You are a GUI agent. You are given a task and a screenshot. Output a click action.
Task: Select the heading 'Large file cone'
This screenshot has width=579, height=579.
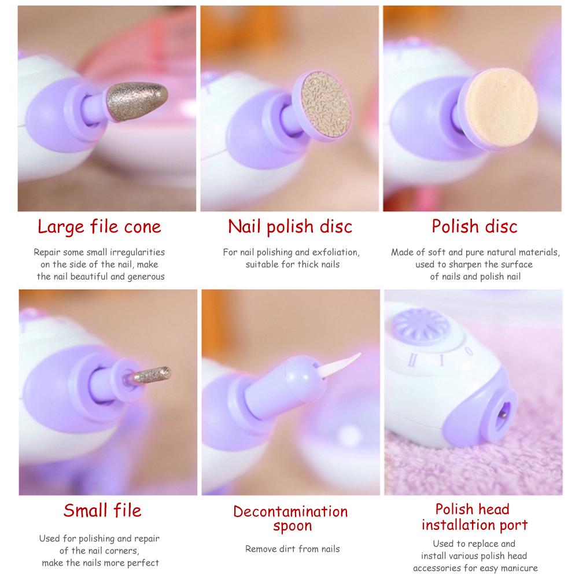click(99, 226)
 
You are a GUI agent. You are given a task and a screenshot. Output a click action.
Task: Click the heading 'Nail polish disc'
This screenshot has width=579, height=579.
click(290, 226)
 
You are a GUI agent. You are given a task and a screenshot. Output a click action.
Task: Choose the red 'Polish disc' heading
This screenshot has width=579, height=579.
click(474, 226)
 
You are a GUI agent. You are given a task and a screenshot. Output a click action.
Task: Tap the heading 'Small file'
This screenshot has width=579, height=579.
click(102, 511)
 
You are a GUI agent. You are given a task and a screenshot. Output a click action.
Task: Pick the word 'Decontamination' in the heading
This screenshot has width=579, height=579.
click(290, 512)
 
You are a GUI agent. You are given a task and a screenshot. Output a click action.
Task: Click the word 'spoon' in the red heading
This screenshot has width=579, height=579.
click(293, 526)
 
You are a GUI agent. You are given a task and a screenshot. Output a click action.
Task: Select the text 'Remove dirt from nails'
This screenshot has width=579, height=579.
click(292, 549)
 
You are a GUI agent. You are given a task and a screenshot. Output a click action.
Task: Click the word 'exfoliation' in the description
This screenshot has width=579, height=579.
click(337, 253)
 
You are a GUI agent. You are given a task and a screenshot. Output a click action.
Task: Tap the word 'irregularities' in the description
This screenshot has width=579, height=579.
click(137, 253)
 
